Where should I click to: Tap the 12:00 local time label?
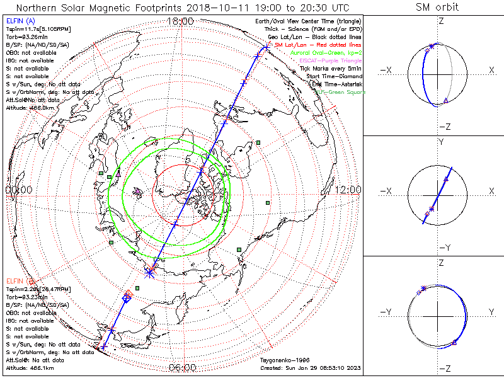pos(348,190)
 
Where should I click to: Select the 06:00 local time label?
pos(183,368)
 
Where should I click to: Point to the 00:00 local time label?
pos(18,190)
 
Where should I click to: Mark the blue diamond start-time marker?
pos(126,298)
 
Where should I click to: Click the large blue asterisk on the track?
pos(149,272)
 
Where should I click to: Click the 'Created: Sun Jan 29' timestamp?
pos(310,367)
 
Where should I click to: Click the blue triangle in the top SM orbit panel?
pos(445,101)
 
